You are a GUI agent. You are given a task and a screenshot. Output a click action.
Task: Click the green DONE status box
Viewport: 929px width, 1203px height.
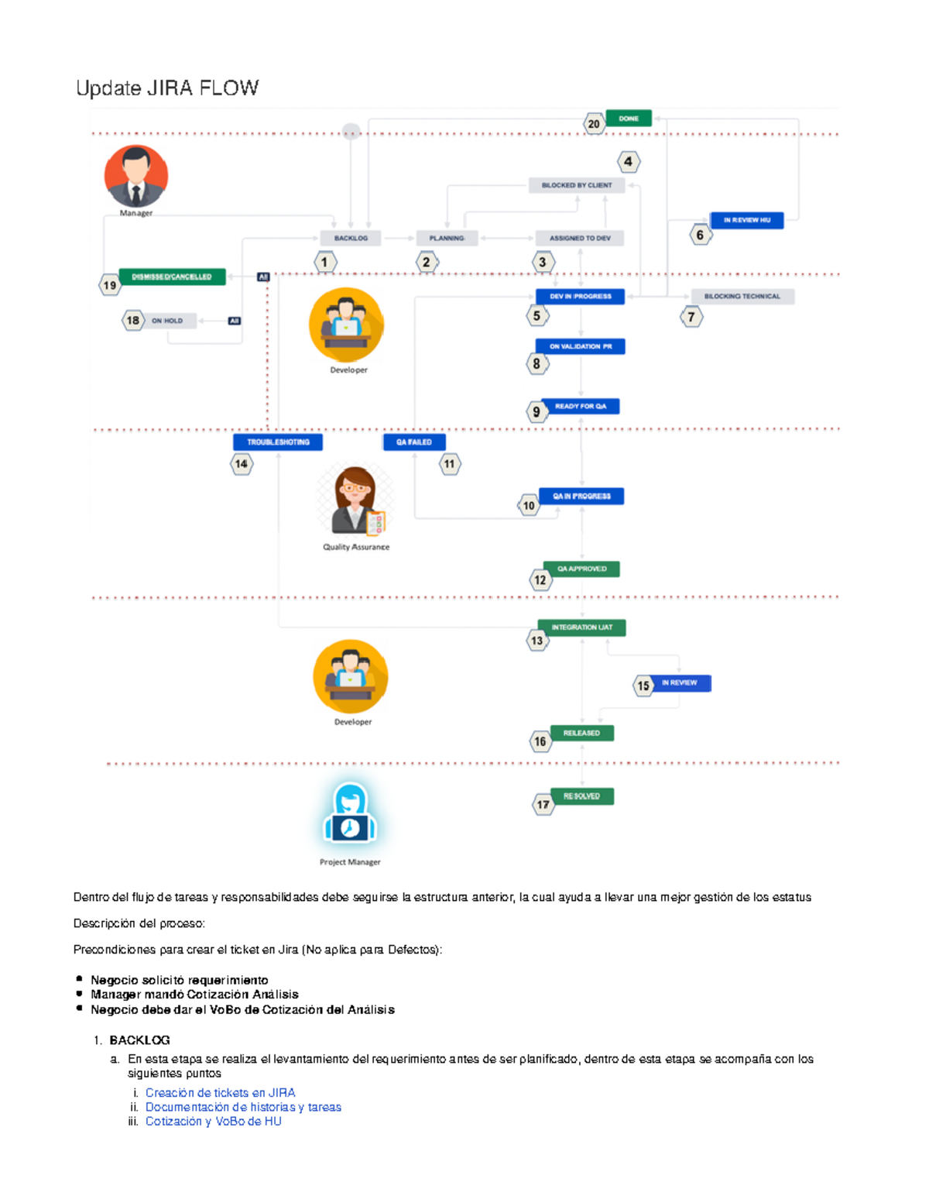click(628, 119)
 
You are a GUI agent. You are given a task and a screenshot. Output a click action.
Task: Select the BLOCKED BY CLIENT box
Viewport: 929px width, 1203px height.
click(577, 185)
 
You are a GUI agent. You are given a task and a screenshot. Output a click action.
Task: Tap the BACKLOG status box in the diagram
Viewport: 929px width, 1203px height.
click(351, 238)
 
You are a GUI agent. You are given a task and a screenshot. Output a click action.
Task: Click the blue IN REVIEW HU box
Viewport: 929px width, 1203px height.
click(747, 220)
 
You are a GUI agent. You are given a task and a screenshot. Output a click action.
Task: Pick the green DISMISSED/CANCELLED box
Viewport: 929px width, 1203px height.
click(172, 277)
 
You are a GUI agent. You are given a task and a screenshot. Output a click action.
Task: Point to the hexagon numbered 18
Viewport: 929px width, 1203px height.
click(133, 320)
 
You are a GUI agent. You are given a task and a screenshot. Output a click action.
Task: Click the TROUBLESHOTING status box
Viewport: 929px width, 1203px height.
click(278, 442)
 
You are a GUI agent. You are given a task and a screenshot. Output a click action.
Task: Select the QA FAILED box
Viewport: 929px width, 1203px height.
click(414, 442)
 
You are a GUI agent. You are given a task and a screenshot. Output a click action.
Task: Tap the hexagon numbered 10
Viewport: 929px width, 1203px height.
click(529, 506)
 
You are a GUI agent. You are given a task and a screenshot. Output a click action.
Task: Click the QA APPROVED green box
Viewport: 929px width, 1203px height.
click(582, 569)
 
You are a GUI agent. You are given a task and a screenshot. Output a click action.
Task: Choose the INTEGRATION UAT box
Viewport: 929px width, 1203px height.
click(582, 627)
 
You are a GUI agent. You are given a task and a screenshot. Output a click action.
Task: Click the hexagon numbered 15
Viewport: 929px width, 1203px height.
click(643, 686)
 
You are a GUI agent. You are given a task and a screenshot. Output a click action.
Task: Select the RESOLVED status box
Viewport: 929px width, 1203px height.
click(582, 796)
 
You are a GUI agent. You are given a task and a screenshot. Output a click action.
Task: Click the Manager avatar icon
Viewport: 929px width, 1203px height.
click(136, 177)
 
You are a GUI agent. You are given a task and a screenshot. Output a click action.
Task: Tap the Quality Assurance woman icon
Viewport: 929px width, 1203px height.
click(356, 501)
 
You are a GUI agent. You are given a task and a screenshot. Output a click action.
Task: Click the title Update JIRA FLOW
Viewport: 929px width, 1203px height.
click(167, 88)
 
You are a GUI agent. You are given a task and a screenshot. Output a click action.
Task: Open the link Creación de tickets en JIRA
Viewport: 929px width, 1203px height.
click(221, 1093)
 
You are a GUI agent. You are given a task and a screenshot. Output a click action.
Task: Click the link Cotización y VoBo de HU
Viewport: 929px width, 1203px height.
click(214, 1121)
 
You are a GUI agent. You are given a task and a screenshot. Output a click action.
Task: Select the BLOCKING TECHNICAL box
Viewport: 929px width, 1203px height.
click(742, 296)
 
